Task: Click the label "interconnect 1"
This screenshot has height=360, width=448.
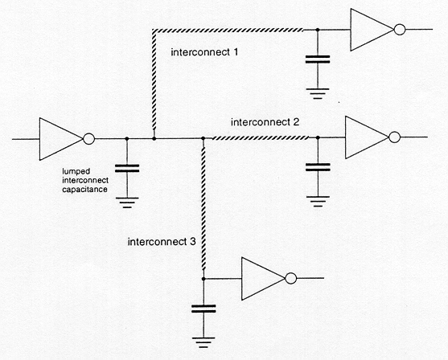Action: coord(204,52)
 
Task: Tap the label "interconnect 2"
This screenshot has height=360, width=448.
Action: coord(265,122)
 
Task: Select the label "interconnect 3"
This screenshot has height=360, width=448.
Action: coord(162,242)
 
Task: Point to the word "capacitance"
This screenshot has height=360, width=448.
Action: coord(85,190)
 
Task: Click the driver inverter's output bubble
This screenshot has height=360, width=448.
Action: coord(88,139)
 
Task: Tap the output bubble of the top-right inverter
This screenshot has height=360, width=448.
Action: coord(400,30)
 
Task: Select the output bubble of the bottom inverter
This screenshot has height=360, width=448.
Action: coord(291,278)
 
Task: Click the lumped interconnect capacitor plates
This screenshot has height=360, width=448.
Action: coord(127,168)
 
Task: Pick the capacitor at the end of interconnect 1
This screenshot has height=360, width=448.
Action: coord(318,59)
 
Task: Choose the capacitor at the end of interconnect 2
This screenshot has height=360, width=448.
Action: coord(318,167)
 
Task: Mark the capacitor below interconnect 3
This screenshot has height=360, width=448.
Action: coord(203,309)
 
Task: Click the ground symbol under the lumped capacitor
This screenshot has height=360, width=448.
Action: coord(127,202)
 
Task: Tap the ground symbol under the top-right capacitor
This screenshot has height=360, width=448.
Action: coord(318,93)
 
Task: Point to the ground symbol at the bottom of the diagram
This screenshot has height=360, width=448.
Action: coord(203,342)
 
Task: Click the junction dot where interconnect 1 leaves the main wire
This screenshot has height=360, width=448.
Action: coord(154,139)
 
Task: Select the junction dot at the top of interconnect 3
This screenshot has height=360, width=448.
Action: coord(203,139)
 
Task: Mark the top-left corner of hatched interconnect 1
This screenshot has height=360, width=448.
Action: coord(153,29)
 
